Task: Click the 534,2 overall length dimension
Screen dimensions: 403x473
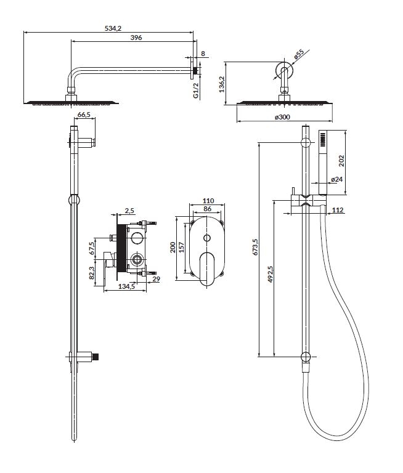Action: click(113, 28)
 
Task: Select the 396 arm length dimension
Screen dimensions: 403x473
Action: click(136, 38)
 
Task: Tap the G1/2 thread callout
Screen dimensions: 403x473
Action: click(196, 91)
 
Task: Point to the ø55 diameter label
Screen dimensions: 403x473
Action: click(299, 54)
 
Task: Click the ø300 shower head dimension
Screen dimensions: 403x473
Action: click(283, 117)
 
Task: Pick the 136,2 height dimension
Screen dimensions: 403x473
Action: click(222, 84)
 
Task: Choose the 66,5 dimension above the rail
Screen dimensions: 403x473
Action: click(84, 115)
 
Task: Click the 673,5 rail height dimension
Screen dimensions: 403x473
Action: click(255, 247)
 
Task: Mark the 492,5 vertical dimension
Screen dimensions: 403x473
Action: click(271, 274)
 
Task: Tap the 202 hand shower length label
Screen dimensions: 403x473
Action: click(341, 161)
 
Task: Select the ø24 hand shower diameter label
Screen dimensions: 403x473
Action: click(337, 179)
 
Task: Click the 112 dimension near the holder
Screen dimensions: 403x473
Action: click(338, 210)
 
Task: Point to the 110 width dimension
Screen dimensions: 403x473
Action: click(208, 201)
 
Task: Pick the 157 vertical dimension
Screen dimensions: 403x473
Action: click(181, 248)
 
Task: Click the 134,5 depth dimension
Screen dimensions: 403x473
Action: click(126, 286)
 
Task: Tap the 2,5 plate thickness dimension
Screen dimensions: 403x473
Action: click(129, 211)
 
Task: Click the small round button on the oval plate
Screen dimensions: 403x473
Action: click(207, 238)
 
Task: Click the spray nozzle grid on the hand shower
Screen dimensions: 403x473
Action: click(323, 139)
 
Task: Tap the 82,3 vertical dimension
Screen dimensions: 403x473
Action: click(92, 273)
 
